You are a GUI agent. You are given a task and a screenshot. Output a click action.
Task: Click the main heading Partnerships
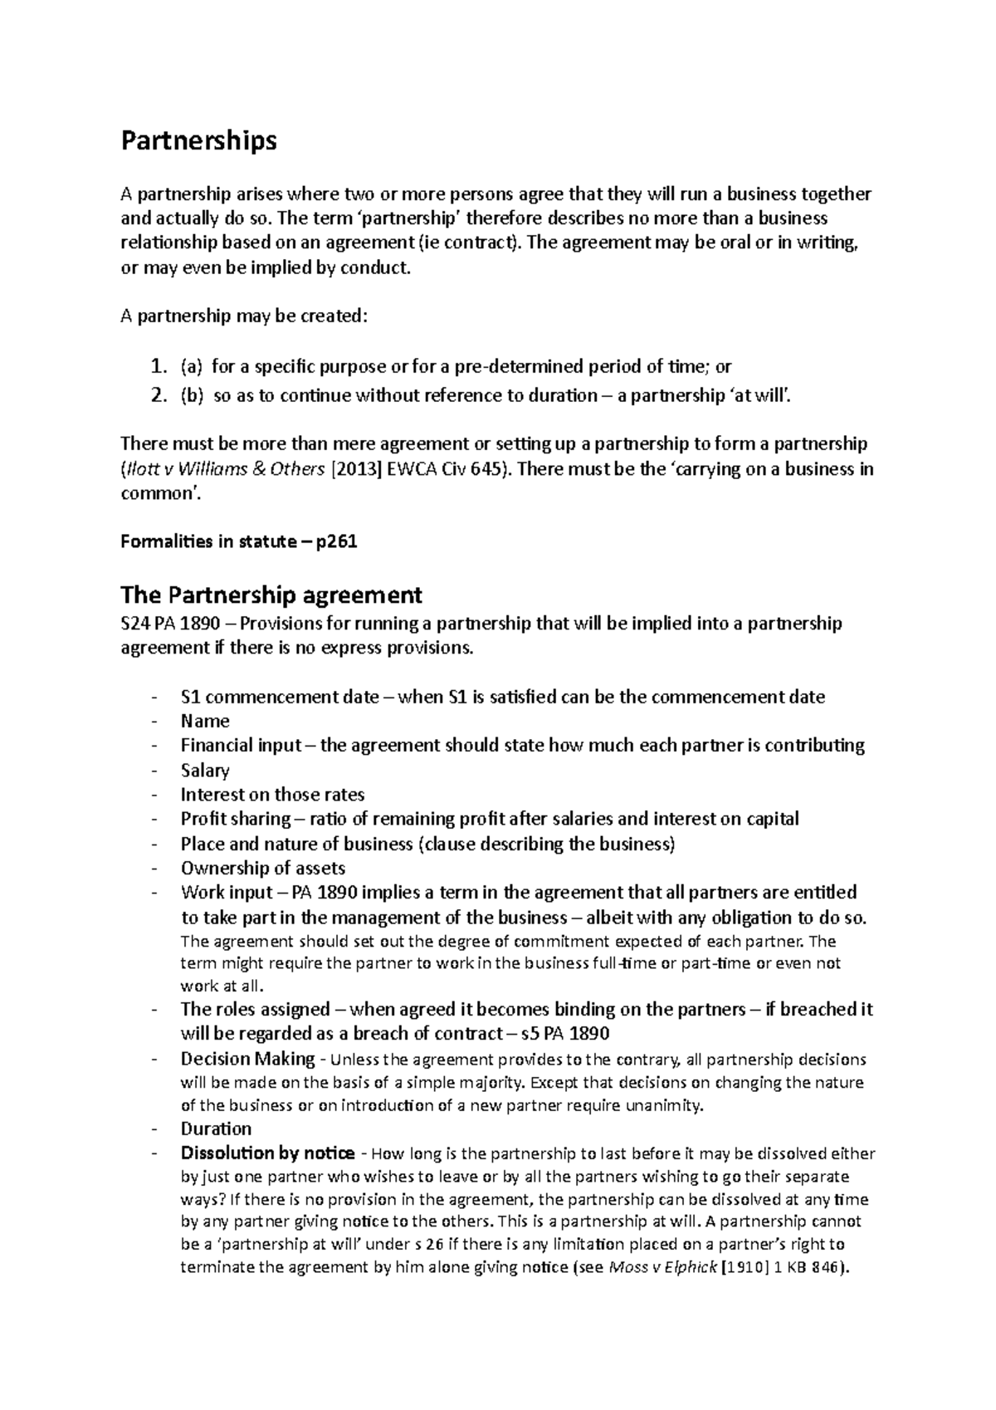pos(198,142)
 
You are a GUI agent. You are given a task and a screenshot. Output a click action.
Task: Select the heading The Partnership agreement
pos(271,595)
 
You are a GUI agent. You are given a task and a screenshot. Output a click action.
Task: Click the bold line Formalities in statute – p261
pos(238,541)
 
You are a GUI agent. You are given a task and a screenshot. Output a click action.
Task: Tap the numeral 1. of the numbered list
pos(159,366)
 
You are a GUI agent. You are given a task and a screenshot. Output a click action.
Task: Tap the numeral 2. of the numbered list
pos(159,396)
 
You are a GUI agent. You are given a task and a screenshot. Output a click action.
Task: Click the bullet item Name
pos(205,721)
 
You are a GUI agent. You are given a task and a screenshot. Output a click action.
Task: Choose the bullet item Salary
pos(205,770)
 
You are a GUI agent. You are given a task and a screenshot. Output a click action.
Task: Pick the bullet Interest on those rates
pos(272,795)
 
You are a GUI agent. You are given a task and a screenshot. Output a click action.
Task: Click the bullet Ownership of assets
pos(263,869)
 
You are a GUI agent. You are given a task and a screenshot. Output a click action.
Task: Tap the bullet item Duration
pos(216,1128)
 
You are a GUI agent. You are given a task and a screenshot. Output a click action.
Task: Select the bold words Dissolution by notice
pos(267,1153)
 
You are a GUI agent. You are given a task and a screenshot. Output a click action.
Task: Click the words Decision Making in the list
pos(247,1059)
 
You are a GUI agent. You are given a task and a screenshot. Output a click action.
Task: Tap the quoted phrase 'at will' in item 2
pos(753,396)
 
